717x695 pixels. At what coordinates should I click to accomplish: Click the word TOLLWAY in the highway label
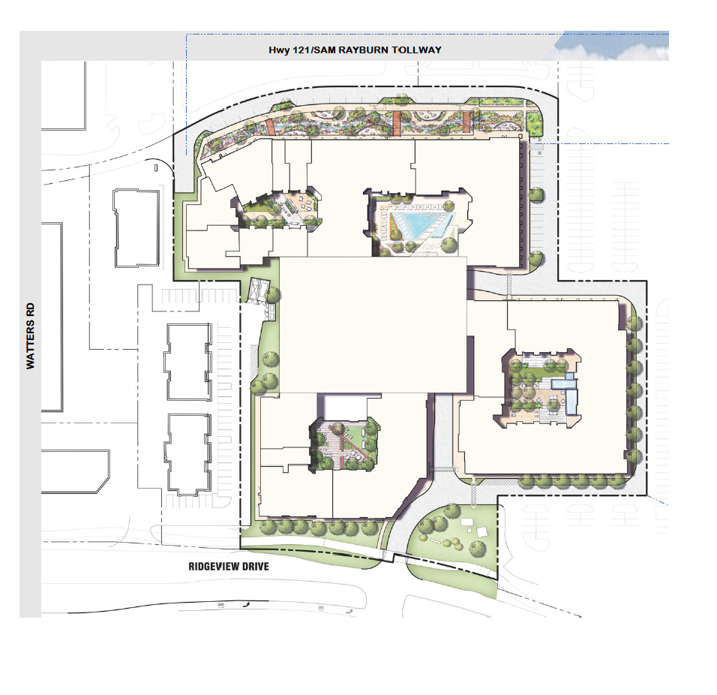coord(416,50)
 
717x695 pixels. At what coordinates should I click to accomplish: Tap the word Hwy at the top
coord(279,50)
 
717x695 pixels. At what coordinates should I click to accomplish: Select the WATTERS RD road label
coord(30,335)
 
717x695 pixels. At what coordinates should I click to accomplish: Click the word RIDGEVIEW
coord(209,567)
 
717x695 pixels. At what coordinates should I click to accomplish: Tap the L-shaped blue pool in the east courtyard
coord(565,390)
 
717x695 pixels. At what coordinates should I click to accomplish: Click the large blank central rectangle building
coord(373,325)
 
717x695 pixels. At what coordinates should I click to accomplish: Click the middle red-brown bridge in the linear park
coord(396,123)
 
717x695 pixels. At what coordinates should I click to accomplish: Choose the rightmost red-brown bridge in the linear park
coord(466,122)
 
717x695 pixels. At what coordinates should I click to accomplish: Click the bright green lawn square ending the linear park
coord(533,124)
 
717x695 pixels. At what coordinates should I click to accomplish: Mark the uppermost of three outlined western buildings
coord(136,228)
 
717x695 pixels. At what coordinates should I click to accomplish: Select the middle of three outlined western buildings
coord(188,362)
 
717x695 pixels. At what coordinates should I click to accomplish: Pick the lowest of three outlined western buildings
coord(188,454)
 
